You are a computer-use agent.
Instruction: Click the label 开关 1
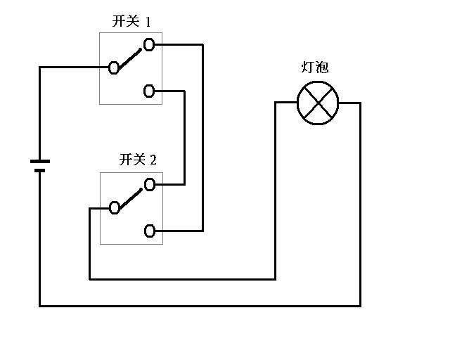pos(131,21)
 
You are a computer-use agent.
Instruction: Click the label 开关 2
pos(138,160)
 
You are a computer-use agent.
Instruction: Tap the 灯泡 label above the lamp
pos(314,68)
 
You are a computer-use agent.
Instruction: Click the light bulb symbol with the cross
pos(318,103)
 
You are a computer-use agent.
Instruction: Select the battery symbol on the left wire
pos(40,166)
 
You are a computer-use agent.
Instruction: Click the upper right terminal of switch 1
pos(149,45)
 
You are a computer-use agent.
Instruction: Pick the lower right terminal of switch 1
pos(149,91)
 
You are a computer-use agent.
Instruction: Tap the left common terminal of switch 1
pos(114,67)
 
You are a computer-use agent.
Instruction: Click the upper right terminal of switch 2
pos(149,185)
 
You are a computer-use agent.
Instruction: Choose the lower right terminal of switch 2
pos(149,231)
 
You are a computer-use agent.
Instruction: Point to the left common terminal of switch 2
pos(114,207)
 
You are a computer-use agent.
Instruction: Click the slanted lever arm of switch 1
pos(131,57)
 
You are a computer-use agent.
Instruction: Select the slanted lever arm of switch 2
pos(131,197)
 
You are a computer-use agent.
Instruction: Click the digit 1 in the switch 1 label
pos(148,21)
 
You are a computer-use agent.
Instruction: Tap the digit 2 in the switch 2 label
pos(153,160)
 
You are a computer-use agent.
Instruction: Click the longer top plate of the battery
pos(40,162)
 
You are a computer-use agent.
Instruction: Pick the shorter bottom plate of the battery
pos(40,170)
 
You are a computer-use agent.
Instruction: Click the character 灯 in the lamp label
pos(307,68)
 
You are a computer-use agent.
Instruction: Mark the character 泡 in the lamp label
pos(322,68)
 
